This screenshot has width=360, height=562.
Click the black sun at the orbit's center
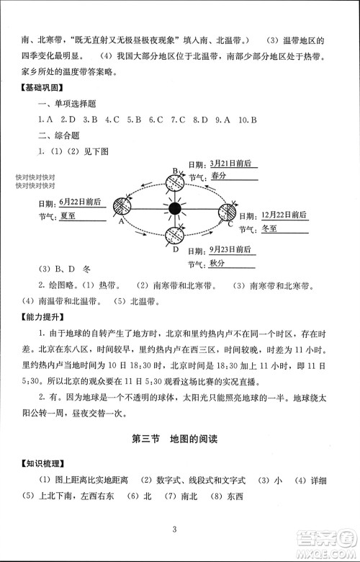[174, 209]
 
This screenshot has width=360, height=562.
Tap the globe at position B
[174, 177]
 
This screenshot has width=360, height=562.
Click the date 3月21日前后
[231, 164]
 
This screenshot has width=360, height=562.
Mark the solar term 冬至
[269, 229]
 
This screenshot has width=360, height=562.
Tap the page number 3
[175, 531]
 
